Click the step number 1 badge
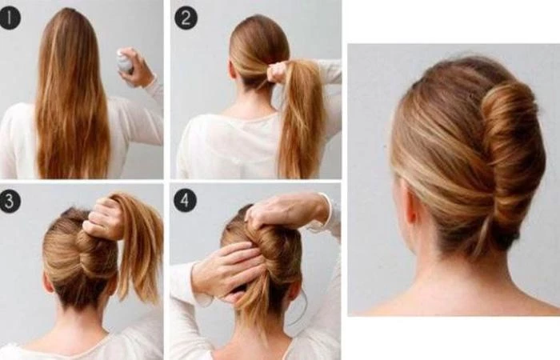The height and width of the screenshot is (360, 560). pos(10,18)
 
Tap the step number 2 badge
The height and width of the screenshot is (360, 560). pos(186,18)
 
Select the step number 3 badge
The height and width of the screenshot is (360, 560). pos(10,201)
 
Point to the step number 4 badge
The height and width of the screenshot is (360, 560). pos(185,200)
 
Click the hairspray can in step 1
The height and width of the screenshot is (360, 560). pos(125,61)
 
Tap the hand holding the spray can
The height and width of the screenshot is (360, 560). pos(137,69)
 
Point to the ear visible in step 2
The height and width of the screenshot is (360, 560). pos(233,69)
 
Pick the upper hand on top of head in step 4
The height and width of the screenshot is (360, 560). pos(286,210)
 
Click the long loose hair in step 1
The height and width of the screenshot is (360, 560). pos(71,97)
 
